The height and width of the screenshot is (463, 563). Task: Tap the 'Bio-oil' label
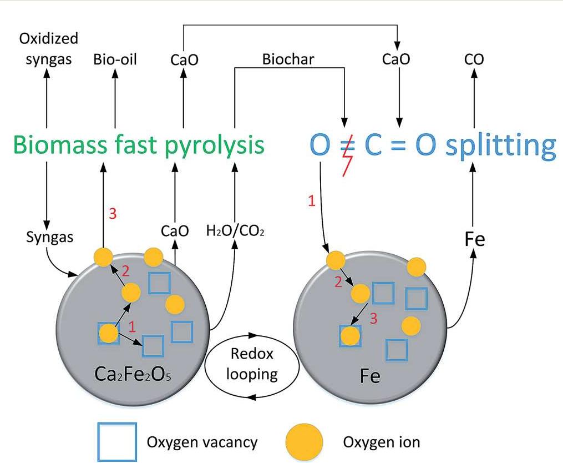[115, 59]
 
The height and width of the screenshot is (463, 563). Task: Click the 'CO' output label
[473, 59]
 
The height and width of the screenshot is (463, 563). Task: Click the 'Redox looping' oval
[252, 365]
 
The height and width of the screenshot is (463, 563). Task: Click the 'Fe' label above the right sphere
[474, 240]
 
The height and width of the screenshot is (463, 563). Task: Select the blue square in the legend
[116, 442]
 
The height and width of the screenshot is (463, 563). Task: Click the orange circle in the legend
[304, 442]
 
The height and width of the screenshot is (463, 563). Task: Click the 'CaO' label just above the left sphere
[175, 230]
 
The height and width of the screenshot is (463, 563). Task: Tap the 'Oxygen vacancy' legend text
[202, 442]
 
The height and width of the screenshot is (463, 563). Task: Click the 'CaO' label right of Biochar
[396, 59]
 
